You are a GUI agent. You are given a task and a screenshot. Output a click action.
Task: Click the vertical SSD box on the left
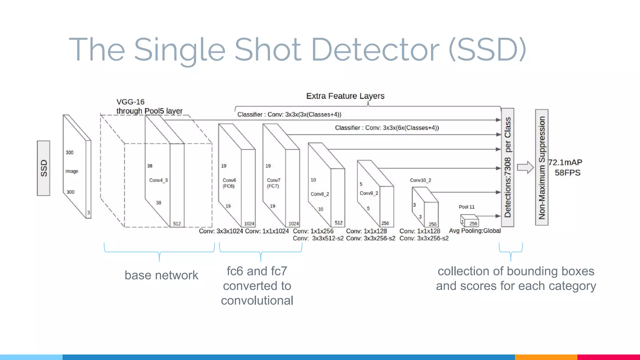click(43, 168)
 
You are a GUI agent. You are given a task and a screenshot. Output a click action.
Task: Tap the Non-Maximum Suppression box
click(542, 167)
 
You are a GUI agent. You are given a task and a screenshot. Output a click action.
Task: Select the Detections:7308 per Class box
click(507, 167)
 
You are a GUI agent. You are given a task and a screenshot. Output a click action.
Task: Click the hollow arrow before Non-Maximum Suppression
click(525, 167)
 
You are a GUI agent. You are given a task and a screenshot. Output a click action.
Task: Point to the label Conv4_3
click(158, 180)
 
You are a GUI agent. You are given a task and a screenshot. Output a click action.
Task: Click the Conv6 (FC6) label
click(229, 183)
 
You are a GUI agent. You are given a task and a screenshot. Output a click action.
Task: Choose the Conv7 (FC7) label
click(273, 183)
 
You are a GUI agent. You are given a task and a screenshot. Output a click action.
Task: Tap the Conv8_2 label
click(320, 194)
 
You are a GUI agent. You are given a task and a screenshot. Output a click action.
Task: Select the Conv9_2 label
click(369, 193)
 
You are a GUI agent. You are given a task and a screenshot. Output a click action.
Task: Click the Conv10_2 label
click(420, 180)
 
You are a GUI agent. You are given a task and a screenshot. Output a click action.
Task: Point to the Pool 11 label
click(467, 207)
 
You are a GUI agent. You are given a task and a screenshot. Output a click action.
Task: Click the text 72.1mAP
click(565, 162)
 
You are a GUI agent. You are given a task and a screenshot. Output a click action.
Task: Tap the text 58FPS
click(567, 173)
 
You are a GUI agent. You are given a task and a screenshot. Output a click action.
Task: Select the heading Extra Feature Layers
click(345, 96)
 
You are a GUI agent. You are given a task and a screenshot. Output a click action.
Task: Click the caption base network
click(161, 275)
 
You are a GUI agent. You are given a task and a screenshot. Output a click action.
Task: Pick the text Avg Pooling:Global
click(475, 231)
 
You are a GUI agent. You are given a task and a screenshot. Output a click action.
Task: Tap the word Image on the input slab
click(72, 171)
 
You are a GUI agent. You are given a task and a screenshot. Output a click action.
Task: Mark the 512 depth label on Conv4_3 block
click(177, 224)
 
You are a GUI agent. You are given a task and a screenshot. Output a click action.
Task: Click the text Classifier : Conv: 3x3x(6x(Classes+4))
click(387, 128)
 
